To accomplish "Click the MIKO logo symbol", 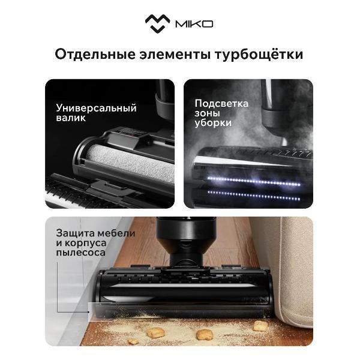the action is click(x=157, y=23).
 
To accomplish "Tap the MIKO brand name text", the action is click(x=194, y=24).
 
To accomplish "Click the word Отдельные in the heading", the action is click(x=95, y=55).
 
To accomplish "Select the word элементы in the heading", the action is click(x=175, y=55).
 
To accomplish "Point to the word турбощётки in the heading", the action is click(x=259, y=55).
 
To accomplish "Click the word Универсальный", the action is click(x=96, y=109).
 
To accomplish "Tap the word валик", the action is click(x=71, y=118).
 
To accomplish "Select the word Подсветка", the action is click(x=221, y=104).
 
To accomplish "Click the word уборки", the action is click(x=213, y=123).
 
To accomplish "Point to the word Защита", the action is click(x=75, y=233).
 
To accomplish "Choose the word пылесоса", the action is click(x=81, y=253).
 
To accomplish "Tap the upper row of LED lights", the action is click(x=254, y=181).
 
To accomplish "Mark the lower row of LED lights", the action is click(x=254, y=196).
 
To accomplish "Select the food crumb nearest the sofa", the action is click(x=260, y=326).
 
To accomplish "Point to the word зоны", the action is click(x=208, y=113).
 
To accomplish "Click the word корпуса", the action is click(x=86, y=244).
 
